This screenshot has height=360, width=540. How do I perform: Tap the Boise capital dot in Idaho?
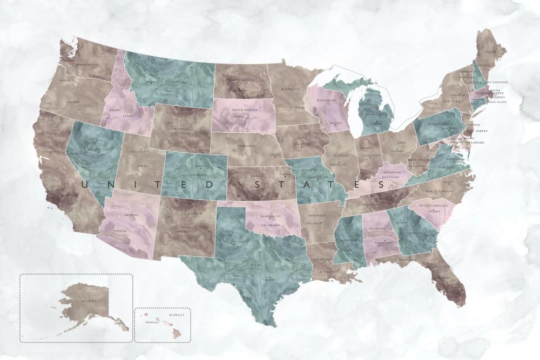(x=110, y=110)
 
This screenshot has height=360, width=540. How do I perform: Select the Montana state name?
(x=178, y=82)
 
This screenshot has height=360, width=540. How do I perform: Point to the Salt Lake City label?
(x=138, y=152)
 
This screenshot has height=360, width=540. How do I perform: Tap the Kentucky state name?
(x=390, y=177)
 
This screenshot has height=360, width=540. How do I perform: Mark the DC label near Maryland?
(x=457, y=147)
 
